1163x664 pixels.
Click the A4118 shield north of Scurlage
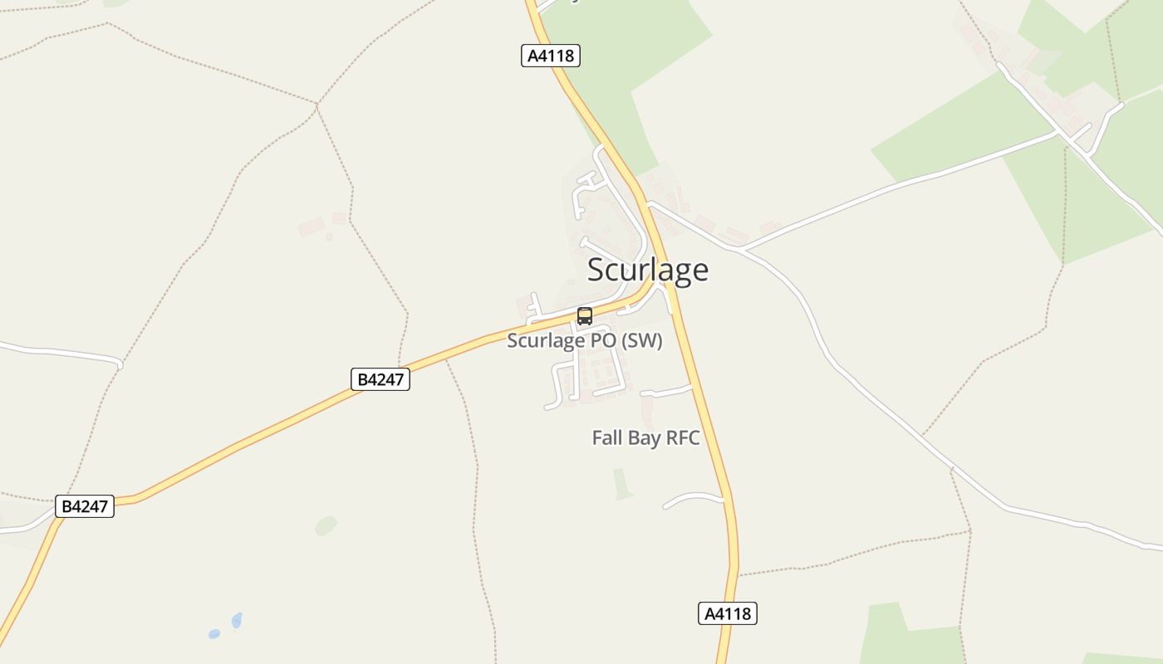point(550,56)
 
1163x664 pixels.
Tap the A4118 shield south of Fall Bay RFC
point(727,613)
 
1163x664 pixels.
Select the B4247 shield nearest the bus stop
point(380,379)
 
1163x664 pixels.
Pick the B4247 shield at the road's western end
point(85,505)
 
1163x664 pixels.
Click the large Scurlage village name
point(648,270)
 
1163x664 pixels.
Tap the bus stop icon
point(585,316)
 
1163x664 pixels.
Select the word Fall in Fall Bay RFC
point(606,437)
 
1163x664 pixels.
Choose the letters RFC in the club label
point(682,437)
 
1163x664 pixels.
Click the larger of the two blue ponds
point(237,620)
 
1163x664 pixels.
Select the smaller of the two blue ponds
point(214,633)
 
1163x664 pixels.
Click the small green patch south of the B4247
point(326,525)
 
